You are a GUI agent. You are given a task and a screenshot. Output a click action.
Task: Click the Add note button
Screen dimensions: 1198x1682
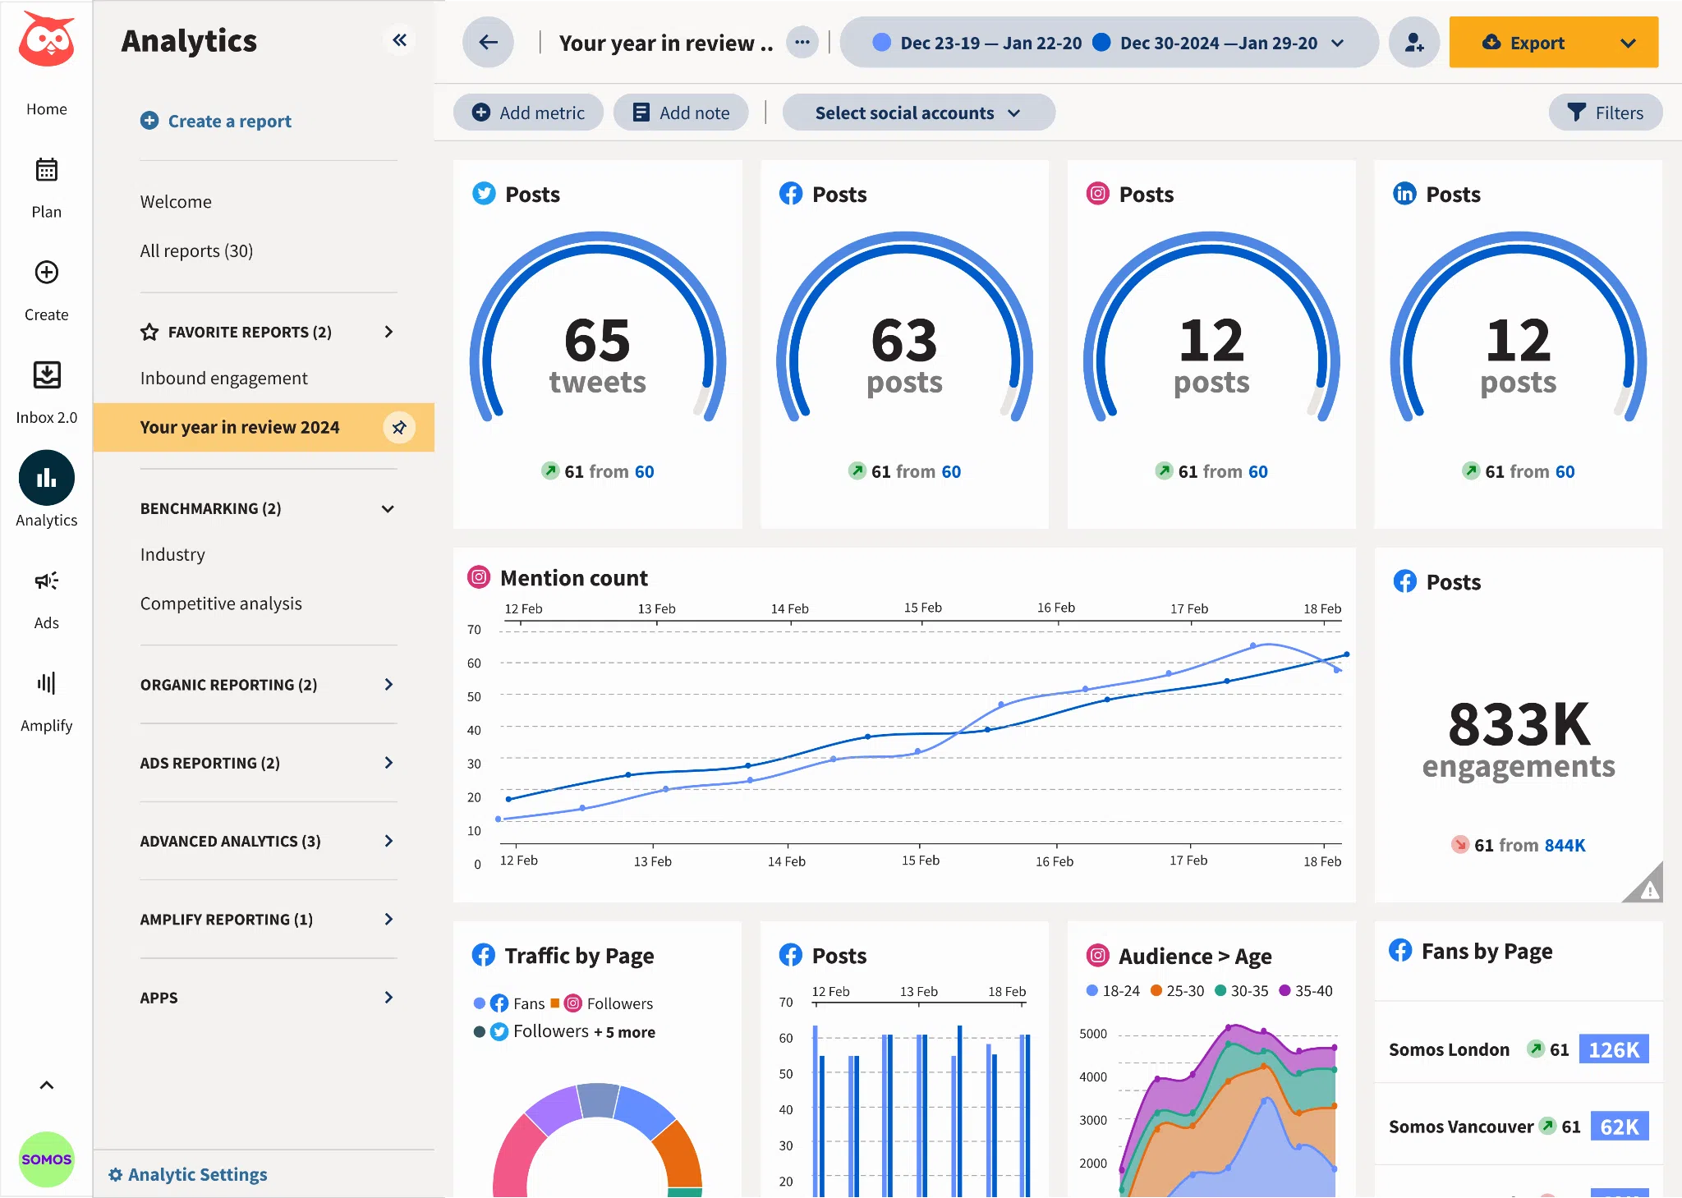point(681,112)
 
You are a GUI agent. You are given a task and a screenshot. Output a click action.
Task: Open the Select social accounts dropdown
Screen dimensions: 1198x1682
point(917,112)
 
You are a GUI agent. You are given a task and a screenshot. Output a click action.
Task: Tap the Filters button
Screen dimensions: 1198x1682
point(1605,112)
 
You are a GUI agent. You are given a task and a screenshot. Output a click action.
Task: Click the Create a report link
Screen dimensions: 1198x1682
point(216,121)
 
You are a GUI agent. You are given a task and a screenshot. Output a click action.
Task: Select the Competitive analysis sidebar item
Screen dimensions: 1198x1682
point(221,604)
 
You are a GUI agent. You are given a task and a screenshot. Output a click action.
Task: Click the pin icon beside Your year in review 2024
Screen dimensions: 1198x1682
point(399,427)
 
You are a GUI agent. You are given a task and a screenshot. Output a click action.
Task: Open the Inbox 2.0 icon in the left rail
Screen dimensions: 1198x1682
point(47,375)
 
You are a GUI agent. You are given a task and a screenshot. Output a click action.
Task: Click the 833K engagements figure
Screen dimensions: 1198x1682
point(1519,726)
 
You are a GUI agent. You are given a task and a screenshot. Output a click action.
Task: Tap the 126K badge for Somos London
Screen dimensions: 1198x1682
point(1613,1049)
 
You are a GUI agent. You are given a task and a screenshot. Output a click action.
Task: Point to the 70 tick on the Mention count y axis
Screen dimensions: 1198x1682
point(474,630)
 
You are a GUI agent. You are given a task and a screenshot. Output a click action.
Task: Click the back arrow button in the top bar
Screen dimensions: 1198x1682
point(488,43)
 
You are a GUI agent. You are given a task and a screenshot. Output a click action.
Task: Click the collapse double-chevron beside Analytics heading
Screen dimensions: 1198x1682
point(400,40)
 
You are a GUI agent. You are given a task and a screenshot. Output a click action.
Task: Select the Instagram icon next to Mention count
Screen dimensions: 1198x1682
point(479,577)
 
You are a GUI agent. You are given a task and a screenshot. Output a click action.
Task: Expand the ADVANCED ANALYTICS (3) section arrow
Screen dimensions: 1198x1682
point(388,841)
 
